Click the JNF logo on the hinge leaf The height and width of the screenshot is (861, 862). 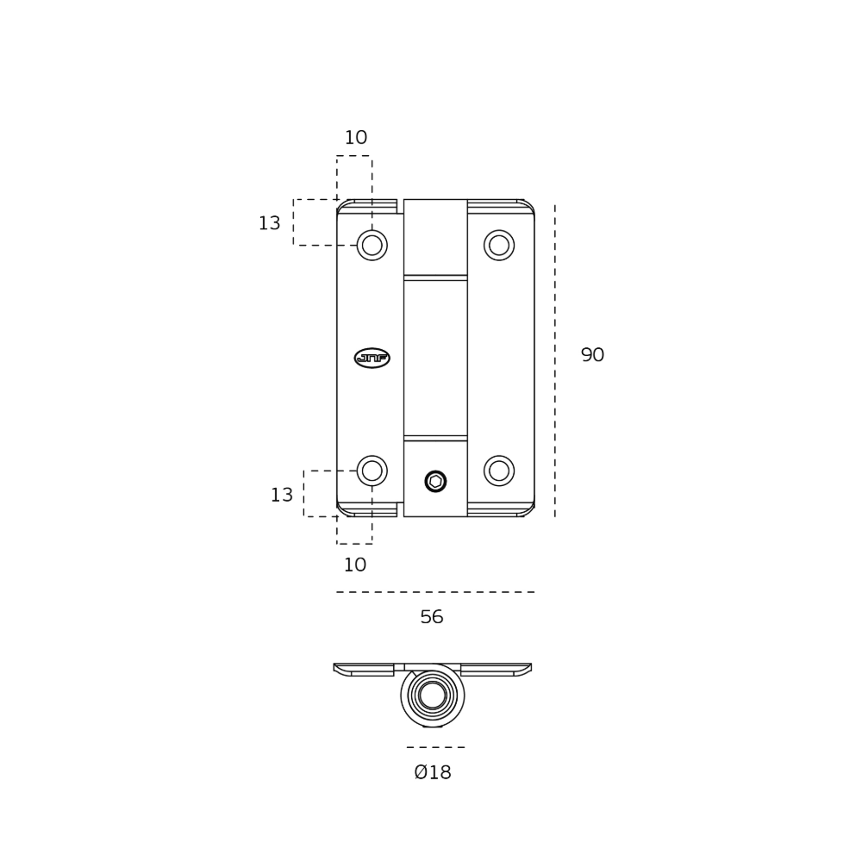(x=372, y=358)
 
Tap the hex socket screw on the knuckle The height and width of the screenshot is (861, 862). (x=435, y=482)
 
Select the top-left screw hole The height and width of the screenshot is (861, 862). (x=372, y=245)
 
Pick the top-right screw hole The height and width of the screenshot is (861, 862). (x=499, y=245)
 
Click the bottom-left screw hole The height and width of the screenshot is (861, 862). (x=372, y=471)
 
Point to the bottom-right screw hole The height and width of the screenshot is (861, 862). (x=499, y=471)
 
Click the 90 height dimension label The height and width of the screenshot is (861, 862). (x=593, y=355)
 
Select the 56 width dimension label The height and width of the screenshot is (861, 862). (x=432, y=617)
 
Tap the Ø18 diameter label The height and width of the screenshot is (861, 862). (x=433, y=772)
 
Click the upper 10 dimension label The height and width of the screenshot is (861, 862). (x=356, y=137)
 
